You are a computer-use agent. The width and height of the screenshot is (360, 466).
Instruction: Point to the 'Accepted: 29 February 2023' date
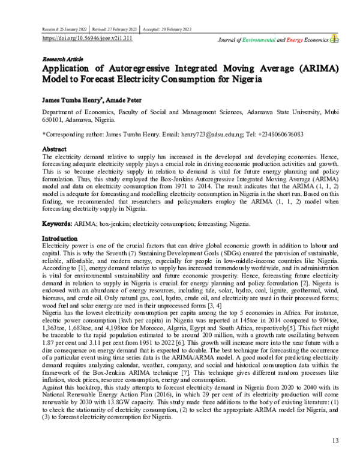click(167, 29)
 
